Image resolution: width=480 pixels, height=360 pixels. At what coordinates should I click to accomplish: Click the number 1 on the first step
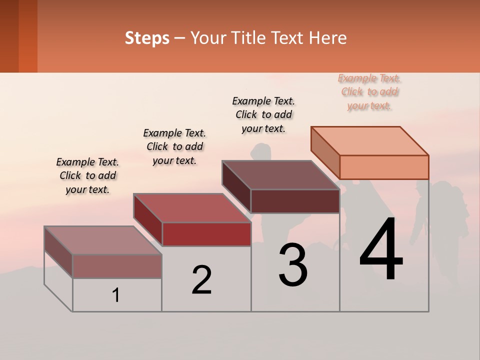point(116,295)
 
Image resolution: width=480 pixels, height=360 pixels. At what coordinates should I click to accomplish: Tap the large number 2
point(201,280)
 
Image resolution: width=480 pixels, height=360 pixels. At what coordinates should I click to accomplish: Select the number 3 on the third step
point(293,265)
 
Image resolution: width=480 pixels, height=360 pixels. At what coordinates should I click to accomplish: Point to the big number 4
point(381,250)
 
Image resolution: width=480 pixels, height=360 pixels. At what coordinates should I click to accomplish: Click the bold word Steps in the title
point(147,38)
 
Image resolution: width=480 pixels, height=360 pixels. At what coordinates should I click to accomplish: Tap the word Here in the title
point(328,38)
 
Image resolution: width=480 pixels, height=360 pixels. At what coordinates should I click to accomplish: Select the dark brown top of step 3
point(280,175)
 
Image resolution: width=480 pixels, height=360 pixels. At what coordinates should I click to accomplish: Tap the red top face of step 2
point(192,208)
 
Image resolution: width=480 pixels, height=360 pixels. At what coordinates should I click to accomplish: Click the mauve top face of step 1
point(103,240)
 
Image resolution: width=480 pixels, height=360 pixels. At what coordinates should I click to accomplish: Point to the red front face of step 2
point(206,234)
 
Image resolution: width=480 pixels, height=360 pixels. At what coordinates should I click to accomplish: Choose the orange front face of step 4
point(384,167)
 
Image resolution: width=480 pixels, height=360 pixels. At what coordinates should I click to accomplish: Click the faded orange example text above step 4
point(369,92)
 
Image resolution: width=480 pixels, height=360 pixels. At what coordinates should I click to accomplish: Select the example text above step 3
point(263,114)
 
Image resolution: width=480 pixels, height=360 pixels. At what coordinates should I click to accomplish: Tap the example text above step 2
point(174,146)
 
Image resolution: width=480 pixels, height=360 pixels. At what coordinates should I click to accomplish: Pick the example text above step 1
point(87,175)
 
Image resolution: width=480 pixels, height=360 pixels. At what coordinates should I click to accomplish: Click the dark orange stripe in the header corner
point(27,36)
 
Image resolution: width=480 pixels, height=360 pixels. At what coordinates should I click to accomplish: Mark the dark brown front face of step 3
point(295,201)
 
